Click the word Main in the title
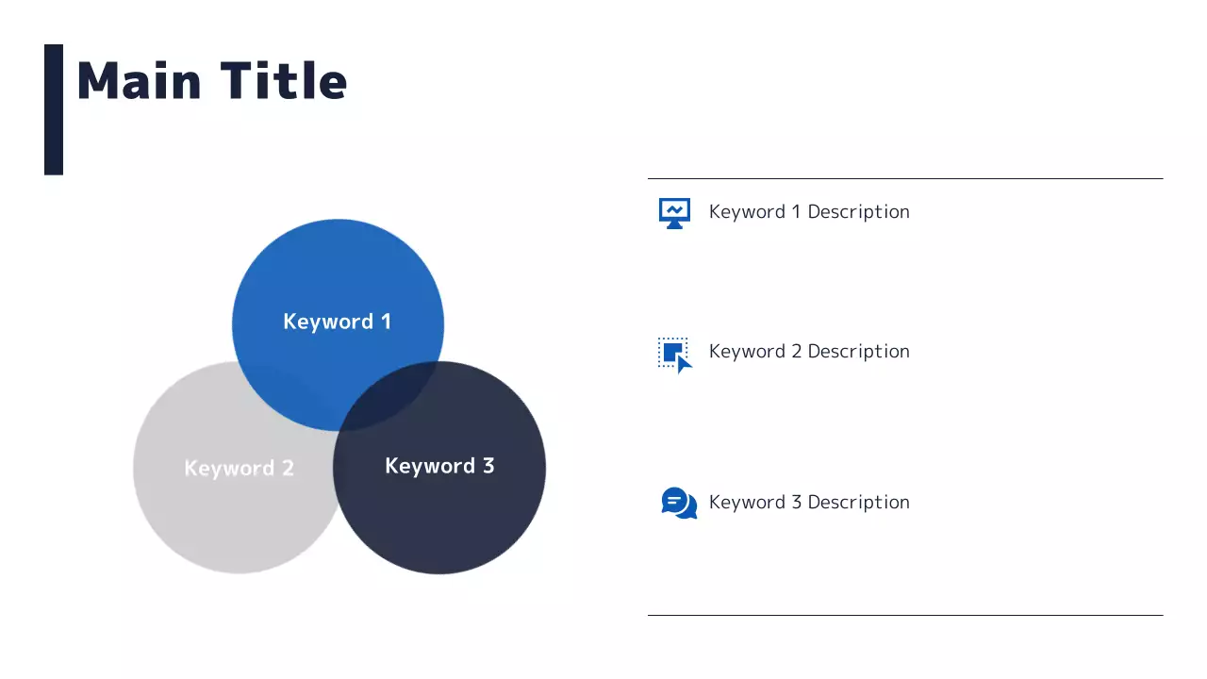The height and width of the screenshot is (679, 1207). click(x=139, y=81)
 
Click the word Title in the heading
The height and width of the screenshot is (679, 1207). click(x=284, y=80)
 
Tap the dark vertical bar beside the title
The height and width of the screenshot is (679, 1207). click(x=54, y=109)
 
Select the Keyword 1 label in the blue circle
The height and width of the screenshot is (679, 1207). click(x=338, y=322)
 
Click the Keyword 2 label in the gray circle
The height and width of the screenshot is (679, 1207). click(x=240, y=468)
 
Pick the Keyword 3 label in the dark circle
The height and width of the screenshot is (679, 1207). click(x=439, y=466)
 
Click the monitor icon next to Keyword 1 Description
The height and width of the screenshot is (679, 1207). click(x=674, y=213)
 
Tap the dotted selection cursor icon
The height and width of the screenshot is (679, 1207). click(x=674, y=356)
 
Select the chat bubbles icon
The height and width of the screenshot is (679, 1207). click(x=679, y=503)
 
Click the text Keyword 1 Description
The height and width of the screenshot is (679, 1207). click(x=809, y=212)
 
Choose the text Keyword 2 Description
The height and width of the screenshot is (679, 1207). click(x=809, y=352)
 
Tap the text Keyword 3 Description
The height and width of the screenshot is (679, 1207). click(x=809, y=503)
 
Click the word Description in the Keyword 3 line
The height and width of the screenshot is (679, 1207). click(x=859, y=503)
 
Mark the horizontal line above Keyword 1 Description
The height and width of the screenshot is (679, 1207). click(x=905, y=178)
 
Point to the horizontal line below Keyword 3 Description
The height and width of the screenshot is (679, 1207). click(x=905, y=615)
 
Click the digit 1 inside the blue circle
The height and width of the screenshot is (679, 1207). click(x=387, y=322)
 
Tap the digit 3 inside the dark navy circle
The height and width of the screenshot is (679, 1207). click(x=488, y=466)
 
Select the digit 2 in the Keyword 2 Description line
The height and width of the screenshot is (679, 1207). click(x=797, y=352)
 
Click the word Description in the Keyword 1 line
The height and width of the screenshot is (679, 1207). click(x=859, y=212)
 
